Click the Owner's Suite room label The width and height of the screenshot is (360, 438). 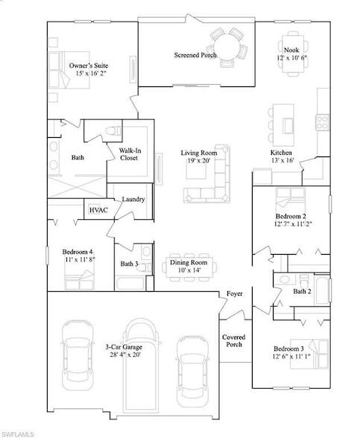[86, 69]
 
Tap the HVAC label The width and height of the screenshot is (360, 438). [98, 210]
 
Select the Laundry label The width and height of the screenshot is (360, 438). [133, 199]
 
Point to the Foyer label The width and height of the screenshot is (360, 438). [234, 295]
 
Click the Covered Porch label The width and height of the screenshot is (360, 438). [234, 341]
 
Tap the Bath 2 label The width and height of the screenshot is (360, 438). [301, 291]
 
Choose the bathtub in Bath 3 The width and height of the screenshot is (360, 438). [133, 284]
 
